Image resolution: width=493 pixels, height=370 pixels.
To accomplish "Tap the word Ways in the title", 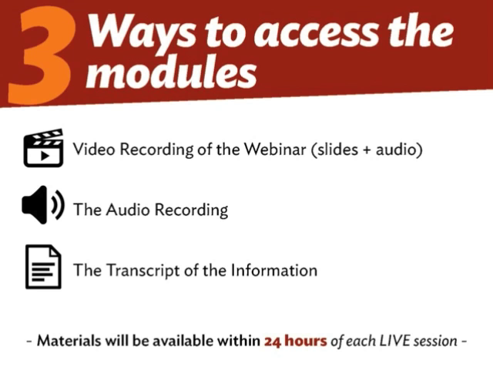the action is (x=141, y=32).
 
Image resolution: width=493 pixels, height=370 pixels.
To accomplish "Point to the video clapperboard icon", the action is (x=43, y=148).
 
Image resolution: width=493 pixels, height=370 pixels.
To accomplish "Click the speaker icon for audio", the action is (x=43, y=205).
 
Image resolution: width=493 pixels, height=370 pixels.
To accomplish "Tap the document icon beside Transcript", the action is (x=43, y=267).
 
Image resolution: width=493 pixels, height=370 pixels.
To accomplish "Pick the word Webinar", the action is (x=275, y=149).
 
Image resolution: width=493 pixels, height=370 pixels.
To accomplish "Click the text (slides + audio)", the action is (x=367, y=150).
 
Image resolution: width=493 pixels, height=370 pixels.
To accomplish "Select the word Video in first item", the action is (x=94, y=149).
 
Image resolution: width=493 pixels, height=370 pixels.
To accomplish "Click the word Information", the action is (x=274, y=271).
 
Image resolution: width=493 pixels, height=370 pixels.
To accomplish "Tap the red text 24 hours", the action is (x=296, y=341).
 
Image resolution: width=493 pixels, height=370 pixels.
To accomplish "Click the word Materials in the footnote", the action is (x=69, y=341).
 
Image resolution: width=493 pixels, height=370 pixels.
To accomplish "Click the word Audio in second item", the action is (x=128, y=210).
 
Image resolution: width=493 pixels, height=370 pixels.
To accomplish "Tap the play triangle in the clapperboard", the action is (x=45, y=156).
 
